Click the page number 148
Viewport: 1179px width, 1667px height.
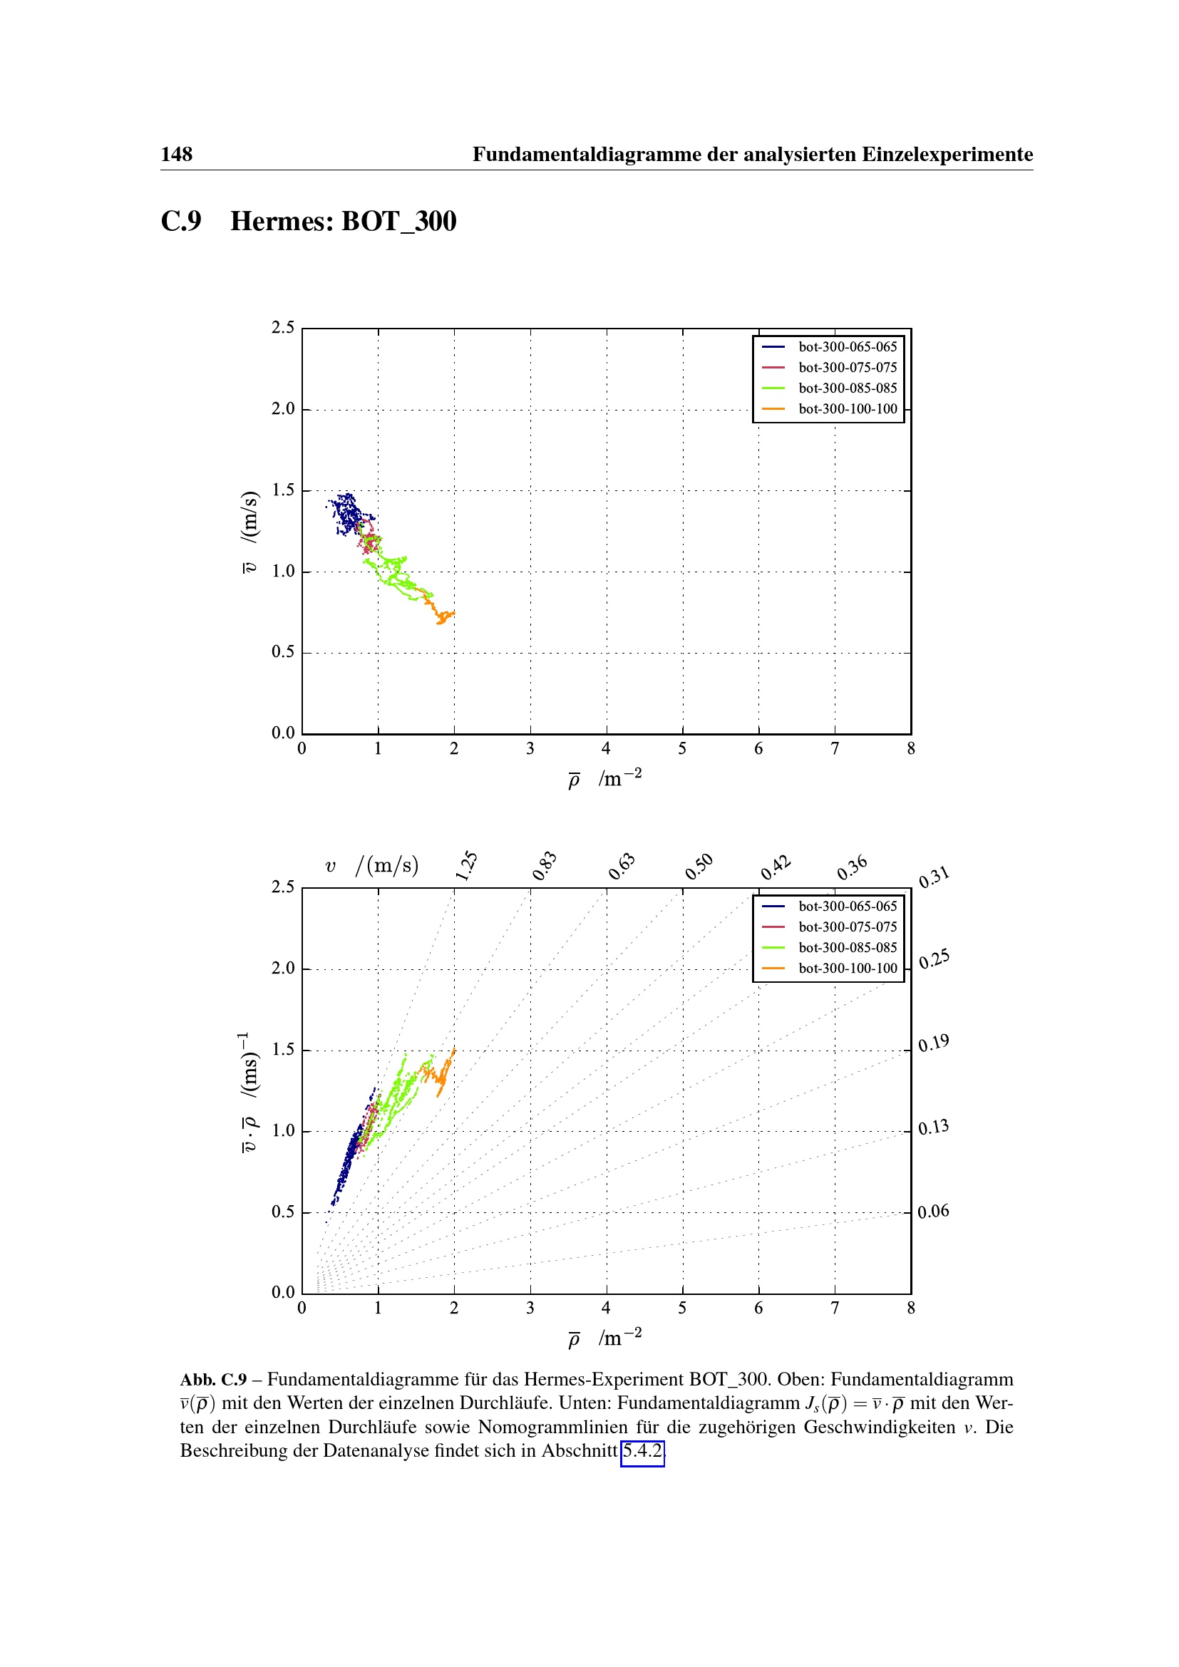(x=176, y=154)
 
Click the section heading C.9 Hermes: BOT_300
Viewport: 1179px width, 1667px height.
(x=309, y=221)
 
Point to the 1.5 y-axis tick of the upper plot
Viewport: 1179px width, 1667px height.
(x=283, y=490)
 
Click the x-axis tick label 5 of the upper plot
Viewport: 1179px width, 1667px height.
(x=682, y=748)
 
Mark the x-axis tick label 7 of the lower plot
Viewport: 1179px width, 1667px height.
(x=835, y=1309)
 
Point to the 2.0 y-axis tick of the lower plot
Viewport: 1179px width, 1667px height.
(x=283, y=968)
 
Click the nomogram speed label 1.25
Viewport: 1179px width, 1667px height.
(x=466, y=865)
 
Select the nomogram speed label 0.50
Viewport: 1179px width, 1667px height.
(x=699, y=866)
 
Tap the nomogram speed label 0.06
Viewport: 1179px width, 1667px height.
(x=933, y=1211)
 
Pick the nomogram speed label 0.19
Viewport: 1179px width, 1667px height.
(x=934, y=1043)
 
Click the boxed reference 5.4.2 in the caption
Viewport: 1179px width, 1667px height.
(x=642, y=1450)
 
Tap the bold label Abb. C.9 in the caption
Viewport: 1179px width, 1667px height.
(x=213, y=1380)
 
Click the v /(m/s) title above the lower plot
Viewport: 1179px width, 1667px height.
(x=371, y=865)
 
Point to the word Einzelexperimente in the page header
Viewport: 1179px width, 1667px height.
(x=947, y=154)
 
